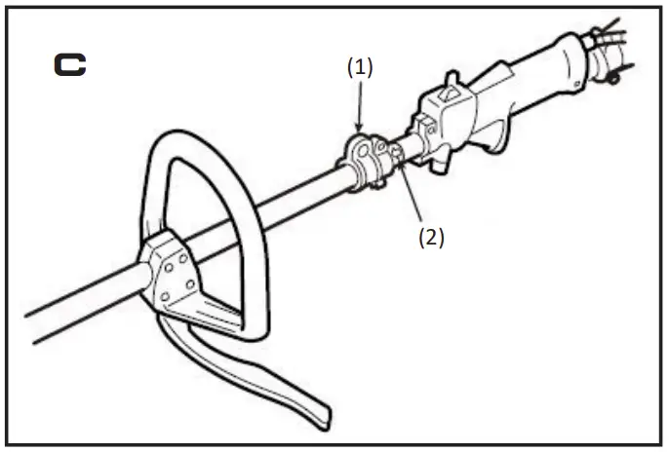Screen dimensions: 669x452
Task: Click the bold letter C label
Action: click(x=69, y=65)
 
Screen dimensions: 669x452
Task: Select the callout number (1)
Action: click(x=360, y=67)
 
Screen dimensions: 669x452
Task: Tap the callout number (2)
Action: click(x=430, y=237)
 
